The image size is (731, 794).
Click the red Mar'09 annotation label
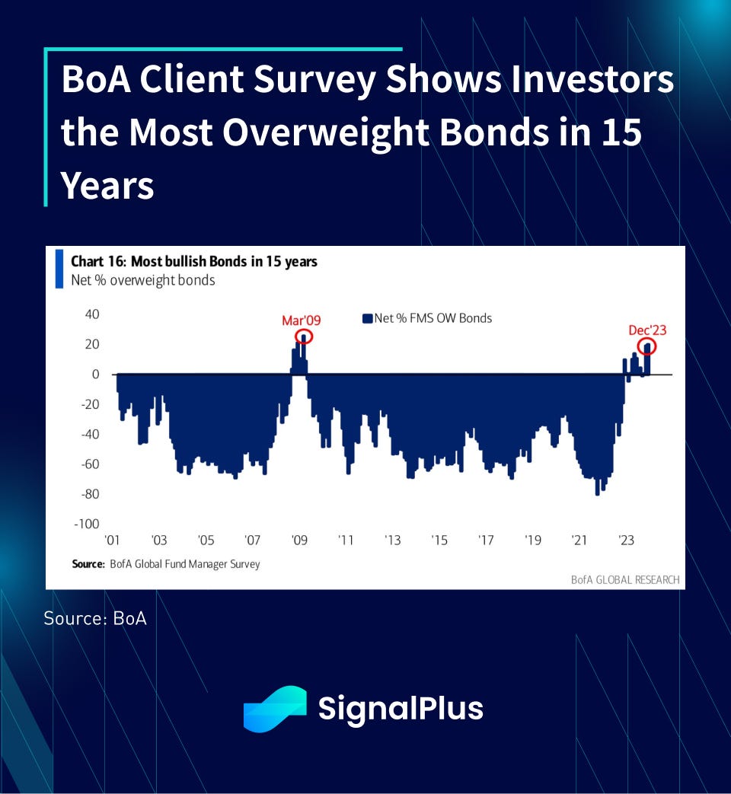(x=301, y=320)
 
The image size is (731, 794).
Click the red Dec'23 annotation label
(x=647, y=330)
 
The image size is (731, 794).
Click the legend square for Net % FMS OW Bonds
(x=367, y=318)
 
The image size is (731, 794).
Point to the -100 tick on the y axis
(x=87, y=524)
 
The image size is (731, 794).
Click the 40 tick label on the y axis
(x=92, y=314)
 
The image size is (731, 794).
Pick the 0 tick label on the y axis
(x=95, y=375)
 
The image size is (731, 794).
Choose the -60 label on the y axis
(x=90, y=464)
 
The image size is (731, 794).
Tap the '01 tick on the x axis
(x=112, y=540)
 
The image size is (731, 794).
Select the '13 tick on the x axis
(x=392, y=540)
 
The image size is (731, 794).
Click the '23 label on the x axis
(x=626, y=540)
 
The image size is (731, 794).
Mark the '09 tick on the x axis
(x=299, y=540)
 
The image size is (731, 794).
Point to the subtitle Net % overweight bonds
(x=143, y=280)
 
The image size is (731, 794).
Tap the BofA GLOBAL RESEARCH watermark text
(x=625, y=580)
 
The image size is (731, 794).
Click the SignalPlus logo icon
(x=275, y=709)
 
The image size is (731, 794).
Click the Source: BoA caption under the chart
(x=95, y=618)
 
